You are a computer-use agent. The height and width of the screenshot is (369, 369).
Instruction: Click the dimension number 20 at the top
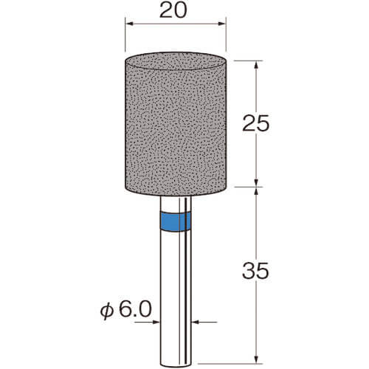tap(173, 10)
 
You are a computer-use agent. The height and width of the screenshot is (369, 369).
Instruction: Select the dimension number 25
tap(256, 123)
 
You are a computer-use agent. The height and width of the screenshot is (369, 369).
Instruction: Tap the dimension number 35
tap(256, 271)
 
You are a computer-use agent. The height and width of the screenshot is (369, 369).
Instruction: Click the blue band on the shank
tap(175, 221)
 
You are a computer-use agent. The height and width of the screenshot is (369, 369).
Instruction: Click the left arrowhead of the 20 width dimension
tap(129, 24)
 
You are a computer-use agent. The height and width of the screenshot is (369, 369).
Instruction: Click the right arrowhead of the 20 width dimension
tap(222, 24)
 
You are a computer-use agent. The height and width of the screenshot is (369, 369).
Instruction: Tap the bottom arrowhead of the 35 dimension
tap(256, 359)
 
